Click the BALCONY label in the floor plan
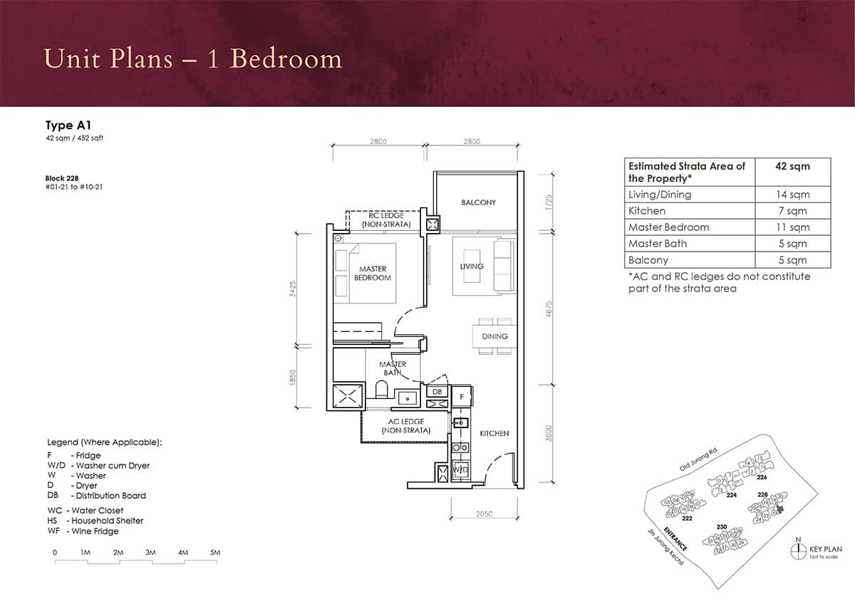click(478, 203)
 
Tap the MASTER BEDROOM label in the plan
click(373, 274)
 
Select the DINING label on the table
click(494, 336)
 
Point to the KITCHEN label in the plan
click(494, 433)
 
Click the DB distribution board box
click(437, 392)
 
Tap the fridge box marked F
click(462, 396)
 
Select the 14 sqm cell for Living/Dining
click(792, 195)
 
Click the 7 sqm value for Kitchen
click(792, 211)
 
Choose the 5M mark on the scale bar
click(215, 552)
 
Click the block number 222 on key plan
click(687, 519)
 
